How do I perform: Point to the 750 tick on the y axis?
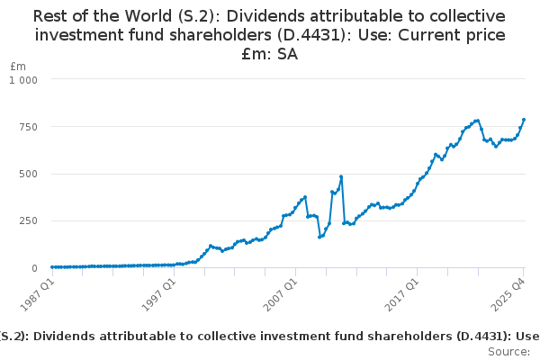pyautogui.click(x=28, y=127)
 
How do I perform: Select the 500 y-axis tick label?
pyautogui.click(x=28, y=174)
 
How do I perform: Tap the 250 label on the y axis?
pyautogui.click(x=28, y=221)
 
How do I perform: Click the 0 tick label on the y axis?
pyautogui.click(x=34, y=268)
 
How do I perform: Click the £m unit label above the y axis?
pyautogui.click(x=18, y=67)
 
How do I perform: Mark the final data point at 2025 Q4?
pyautogui.click(x=524, y=120)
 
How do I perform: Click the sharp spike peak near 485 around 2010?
pyautogui.click(x=341, y=176)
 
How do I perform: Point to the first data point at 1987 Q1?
pyautogui.click(x=52, y=267)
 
